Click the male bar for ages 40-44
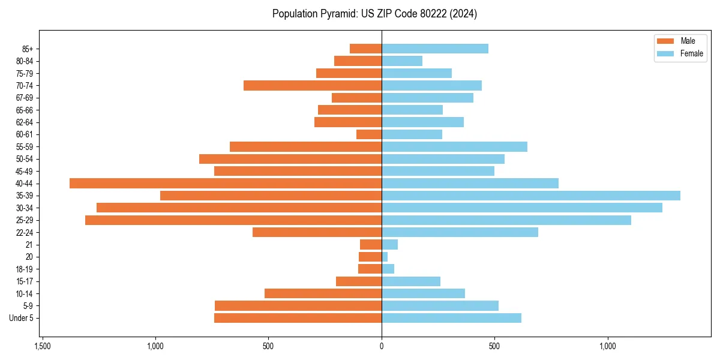(226, 184)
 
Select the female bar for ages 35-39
(531, 196)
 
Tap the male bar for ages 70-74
(313, 86)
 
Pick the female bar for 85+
(435, 49)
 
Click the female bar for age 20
(385, 257)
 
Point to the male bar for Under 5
(298, 318)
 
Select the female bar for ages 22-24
(460, 232)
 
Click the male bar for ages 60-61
(369, 134)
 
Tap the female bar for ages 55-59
(454, 147)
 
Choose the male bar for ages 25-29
(233, 220)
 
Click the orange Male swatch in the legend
(665, 41)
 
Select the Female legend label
(691, 53)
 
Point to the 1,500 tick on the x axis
(43, 346)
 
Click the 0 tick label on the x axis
(382, 346)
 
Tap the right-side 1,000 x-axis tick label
(608, 346)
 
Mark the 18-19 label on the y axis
(25, 269)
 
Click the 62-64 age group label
(25, 122)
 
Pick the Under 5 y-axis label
(22, 318)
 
